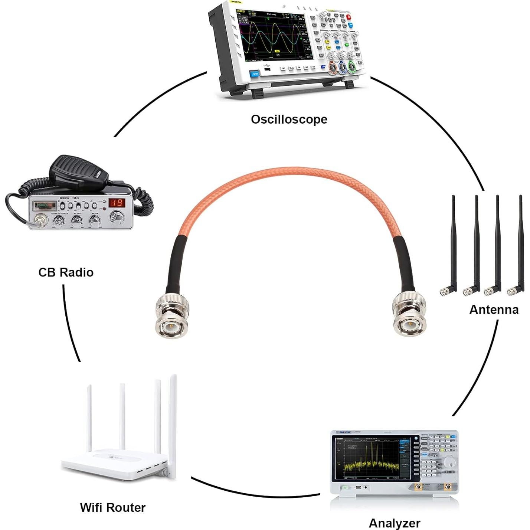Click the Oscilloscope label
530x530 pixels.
pyautogui.click(x=289, y=120)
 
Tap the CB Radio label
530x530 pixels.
pyautogui.click(x=66, y=272)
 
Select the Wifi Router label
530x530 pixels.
pyautogui.click(x=112, y=507)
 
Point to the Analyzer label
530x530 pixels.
pyautogui.click(x=394, y=523)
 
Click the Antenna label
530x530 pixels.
pyautogui.click(x=494, y=310)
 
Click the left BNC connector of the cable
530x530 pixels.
pyautogui.click(x=171, y=315)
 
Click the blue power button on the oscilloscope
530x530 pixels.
pyautogui.click(x=255, y=74)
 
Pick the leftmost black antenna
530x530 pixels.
pyautogui.click(x=452, y=245)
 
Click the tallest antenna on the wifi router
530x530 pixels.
pyautogui.click(x=173, y=423)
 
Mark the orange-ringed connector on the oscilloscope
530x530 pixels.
pyautogui.click(x=333, y=68)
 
